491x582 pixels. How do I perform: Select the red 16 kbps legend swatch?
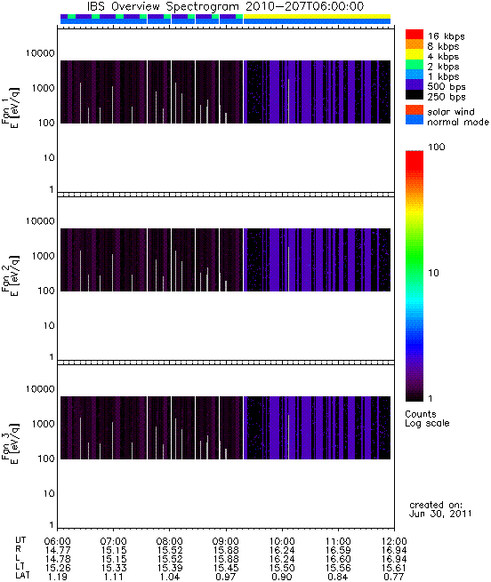[415, 35]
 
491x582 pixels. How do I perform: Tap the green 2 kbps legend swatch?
[415, 65]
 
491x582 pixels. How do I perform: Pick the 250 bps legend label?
[446, 97]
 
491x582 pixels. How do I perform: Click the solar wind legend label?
[451, 112]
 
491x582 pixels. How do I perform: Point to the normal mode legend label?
[458, 122]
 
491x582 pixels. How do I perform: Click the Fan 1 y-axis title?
[11, 108]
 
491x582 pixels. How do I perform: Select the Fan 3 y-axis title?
[11, 444]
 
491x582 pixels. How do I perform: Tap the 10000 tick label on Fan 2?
[40, 221]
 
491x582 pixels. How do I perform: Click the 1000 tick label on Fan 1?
[43, 88]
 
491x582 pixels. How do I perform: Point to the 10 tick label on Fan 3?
[49, 494]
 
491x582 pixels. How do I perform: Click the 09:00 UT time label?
[226, 541]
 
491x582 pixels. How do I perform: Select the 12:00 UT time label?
[394, 541]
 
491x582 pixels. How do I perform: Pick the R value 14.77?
[58, 550]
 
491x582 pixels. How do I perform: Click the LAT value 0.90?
[282, 577]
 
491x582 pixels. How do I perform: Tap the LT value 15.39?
[170, 568]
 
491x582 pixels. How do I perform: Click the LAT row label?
[22, 576]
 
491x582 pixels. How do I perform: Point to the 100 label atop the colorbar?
[437, 147]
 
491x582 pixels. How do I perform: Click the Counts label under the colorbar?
[421, 414]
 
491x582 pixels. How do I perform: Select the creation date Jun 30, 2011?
[440, 514]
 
